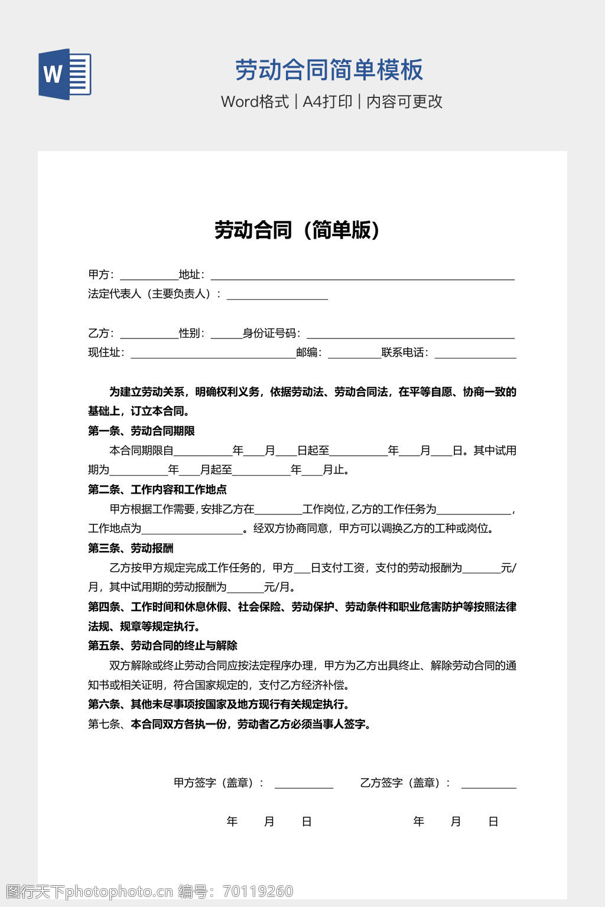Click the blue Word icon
click(65, 74)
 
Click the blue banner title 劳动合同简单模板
click(329, 70)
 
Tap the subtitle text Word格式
click(255, 102)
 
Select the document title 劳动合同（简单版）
click(297, 230)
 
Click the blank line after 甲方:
click(149, 275)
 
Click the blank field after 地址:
click(362, 275)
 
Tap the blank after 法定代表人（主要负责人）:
click(277, 295)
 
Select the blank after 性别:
click(226, 334)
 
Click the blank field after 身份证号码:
click(410, 334)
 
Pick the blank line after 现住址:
click(213, 354)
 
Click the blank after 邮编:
click(354, 354)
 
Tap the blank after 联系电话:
click(475, 354)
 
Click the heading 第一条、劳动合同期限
click(141, 431)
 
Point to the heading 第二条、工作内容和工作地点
click(157, 490)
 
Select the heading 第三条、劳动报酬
click(131, 548)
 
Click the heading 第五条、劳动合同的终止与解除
click(162, 645)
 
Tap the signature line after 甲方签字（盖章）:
click(304, 784)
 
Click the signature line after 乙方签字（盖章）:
click(489, 784)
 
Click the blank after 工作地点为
click(192, 529)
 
